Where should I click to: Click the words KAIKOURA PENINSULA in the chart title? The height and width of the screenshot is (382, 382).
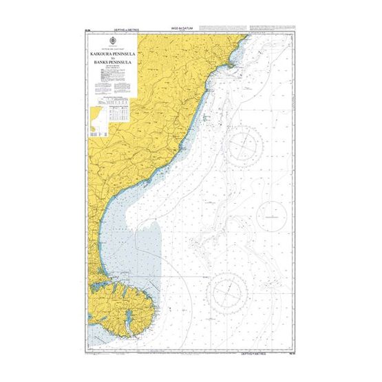pos(112,52)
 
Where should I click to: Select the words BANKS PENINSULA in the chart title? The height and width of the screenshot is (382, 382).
pos(112,63)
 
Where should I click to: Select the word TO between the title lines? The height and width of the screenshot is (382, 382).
pos(112,58)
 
